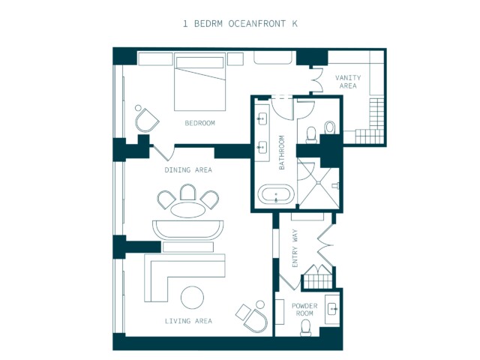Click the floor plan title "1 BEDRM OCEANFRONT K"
click(240, 24)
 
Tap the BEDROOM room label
click(200, 123)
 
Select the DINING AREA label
click(188, 170)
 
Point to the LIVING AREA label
click(188, 321)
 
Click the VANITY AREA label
click(348, 82)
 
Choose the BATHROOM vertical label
click(282, 152)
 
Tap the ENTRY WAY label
click(295, 248)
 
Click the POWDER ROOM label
click(304, 310)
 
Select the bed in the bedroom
click(200, 82)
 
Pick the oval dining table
click(188, 210)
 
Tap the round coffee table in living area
click(192, 297)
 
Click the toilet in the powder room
click(305, 327)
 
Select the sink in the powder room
click(332, 309)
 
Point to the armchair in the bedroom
click(147, 120)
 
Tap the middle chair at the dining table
click(188, 192)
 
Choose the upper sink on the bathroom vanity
click(262, 118)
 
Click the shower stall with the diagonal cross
click(318, 183)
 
